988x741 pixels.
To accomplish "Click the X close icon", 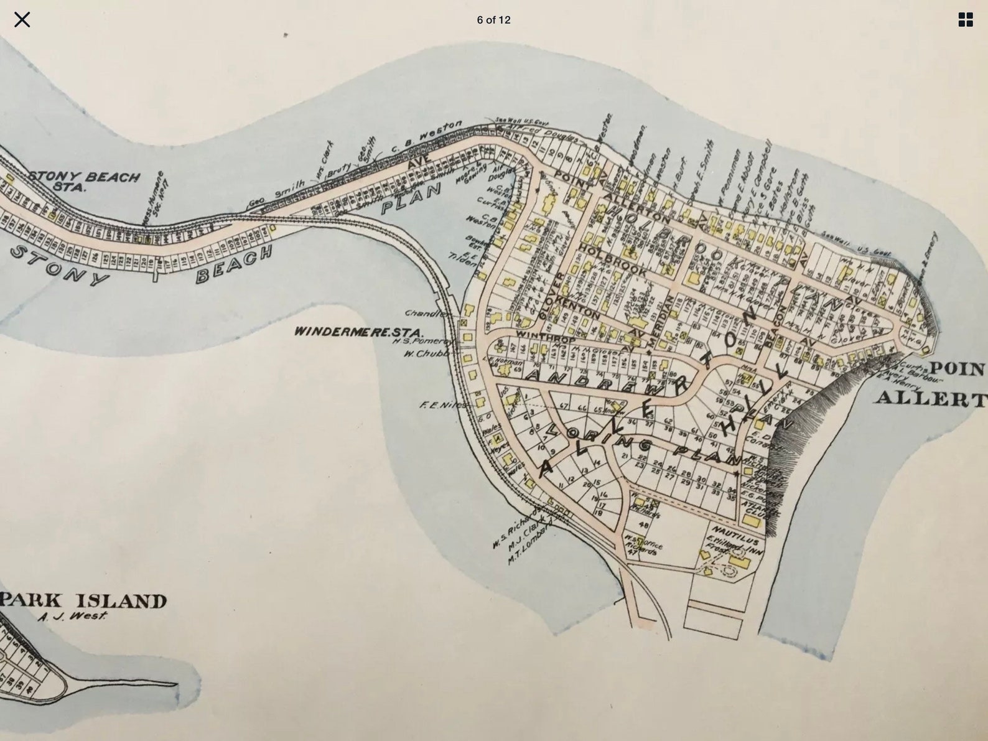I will pos(22,20).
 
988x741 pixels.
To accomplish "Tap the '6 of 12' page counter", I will pos(493,20).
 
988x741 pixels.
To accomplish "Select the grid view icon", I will pos(965,20).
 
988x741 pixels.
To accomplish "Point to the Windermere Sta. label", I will pos(358,332).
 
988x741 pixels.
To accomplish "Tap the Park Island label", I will pos(84,601).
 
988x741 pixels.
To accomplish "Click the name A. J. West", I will pos(72,617).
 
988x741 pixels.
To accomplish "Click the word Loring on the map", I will pos(599,439).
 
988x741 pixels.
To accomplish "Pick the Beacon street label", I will pos(774,329).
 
